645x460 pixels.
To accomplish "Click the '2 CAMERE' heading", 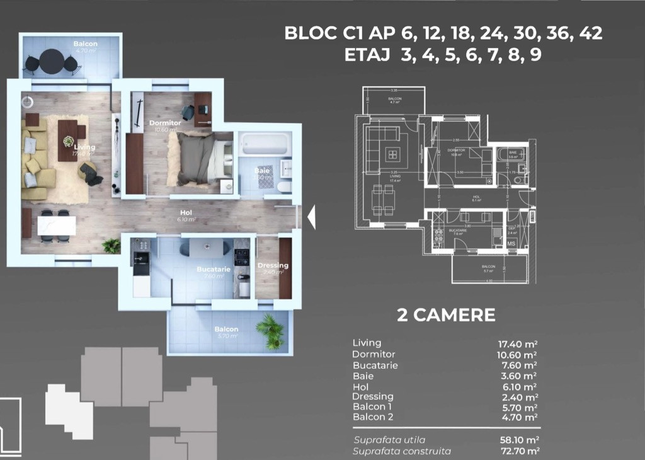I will coord(446,315).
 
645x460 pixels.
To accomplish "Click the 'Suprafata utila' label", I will coord(389,440).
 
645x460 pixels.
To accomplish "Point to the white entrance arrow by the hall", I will coord(311,217).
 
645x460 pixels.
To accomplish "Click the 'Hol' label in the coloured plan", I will coord(185,212).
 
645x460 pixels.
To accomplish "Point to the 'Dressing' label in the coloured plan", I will coord(273,265).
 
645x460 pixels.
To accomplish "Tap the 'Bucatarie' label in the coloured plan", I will coord(214,269).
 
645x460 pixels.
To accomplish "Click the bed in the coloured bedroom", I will coord(200,158).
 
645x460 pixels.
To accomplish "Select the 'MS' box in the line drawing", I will coord(511,243).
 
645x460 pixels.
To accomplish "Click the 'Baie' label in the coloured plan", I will coord(262,171).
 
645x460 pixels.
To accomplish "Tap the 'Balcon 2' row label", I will coord(373,417).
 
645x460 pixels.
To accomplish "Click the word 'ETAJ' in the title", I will coord(367,55).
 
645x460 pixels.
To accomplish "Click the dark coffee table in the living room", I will coord(67,139).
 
